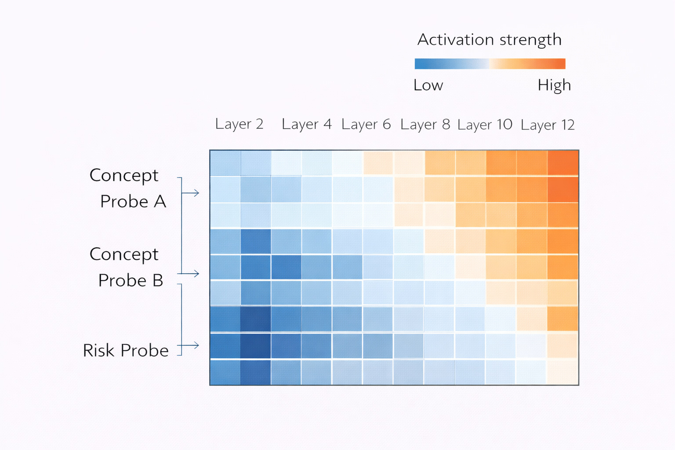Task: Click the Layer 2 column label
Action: click(239, 124)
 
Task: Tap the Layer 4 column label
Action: click(306, 124)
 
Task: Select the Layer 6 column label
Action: click(366, 125)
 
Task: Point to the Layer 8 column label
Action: click(425, 125)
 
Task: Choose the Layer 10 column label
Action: click(485, 125)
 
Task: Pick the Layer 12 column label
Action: click(548, 125)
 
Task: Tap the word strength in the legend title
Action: click(531, 40)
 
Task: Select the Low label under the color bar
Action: click(428, 85)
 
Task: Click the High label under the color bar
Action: click(554, 85)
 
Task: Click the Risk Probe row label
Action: click(126, 350)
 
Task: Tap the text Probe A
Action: click(133, 201)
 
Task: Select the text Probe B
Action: click(131, 280)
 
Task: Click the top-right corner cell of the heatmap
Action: click(563, 163)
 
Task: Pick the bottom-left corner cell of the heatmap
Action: click(225, 372)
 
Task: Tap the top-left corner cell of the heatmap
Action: click(225, 163)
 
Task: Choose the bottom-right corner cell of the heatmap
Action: click(563, 372)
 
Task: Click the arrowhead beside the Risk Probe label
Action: click(196, 345)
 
